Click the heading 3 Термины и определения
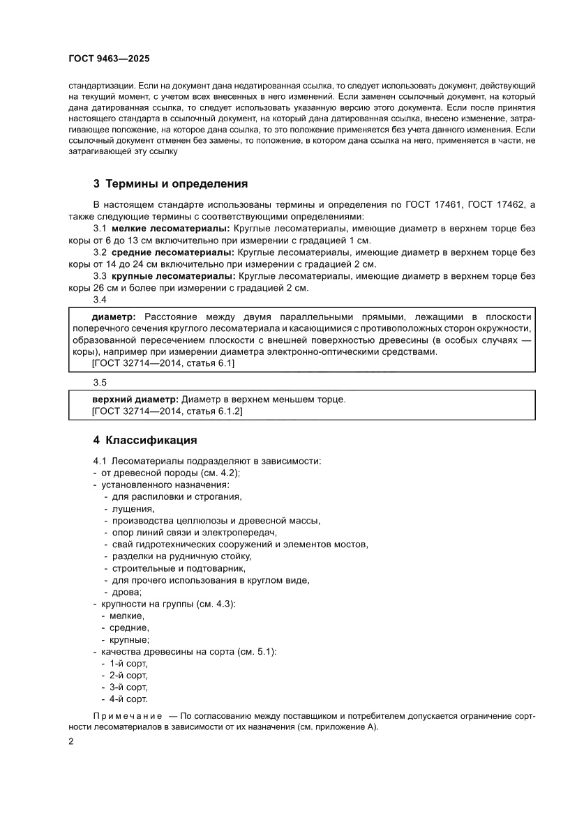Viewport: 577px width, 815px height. click(171, 184)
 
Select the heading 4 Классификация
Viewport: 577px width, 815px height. click(145, 440)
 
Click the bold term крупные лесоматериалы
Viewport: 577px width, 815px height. click(174, 276)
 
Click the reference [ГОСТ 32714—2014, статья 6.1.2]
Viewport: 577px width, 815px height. click(167, 411)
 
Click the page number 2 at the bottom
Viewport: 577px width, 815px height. click(72, 741)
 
